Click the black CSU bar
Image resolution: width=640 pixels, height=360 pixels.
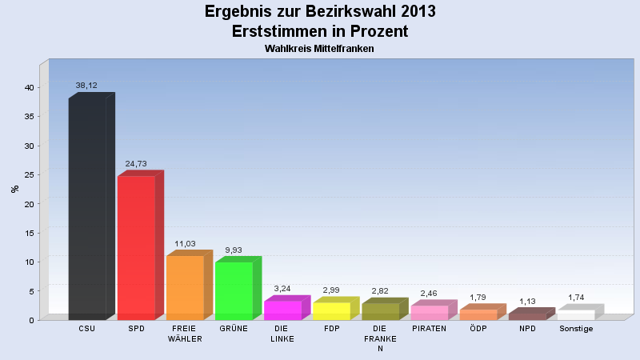(x=87, y=208)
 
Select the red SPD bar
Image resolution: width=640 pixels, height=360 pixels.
(x=136, y=247)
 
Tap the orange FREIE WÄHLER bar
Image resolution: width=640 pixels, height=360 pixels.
(x=185, y=287)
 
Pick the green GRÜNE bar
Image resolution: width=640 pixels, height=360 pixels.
(x=234, y=290)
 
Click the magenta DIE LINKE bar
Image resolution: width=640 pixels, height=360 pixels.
(x=282, y=310)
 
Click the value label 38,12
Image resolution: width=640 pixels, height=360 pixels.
(x=86, y=85)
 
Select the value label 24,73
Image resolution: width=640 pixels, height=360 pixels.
(x=136, y=163)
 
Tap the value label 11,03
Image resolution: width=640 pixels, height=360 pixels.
(x=185, y=243)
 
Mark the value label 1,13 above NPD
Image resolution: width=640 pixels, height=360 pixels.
(x=527, y=301)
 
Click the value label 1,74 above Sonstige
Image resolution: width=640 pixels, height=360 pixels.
(x=576, y=297)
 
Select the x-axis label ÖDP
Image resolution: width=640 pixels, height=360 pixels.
(x=478, y=329)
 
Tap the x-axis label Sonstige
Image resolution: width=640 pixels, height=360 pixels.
(x=576, y=329)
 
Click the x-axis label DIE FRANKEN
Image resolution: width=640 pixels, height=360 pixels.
(x=380, y=338)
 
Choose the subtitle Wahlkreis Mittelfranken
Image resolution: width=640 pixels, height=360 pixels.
(x=319, y=49)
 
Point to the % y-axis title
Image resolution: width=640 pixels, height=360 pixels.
(x=14, y=189)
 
